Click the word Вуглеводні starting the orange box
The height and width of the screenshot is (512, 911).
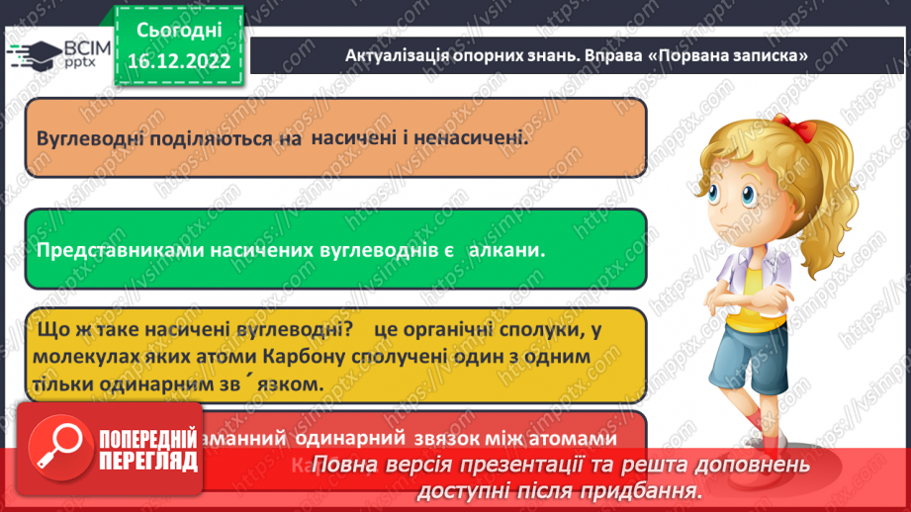[x=86, y=138]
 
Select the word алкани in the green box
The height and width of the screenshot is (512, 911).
[x=507, y=250]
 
